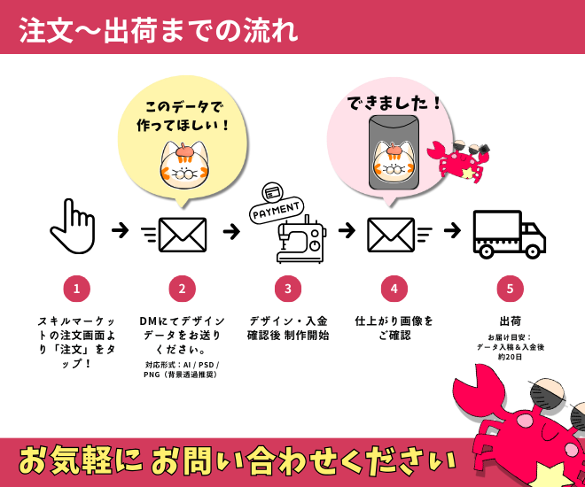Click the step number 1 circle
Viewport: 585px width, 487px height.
(77, 289)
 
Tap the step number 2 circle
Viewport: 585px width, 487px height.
(182, 289)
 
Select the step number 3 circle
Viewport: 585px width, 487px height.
(288, 289)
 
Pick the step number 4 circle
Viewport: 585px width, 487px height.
(394, 289)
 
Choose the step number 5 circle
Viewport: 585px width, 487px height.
(510, 289)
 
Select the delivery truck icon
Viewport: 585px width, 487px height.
(508, 234)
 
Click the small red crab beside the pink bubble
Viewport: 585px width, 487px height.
(458, 159)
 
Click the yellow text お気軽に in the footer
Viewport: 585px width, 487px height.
(79, 460)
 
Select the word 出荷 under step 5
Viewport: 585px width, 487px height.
(510, 321)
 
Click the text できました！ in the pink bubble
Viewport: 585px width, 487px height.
(394, 104)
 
